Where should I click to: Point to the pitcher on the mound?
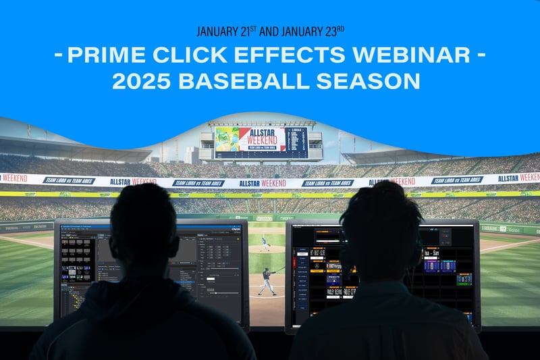coord(265,237)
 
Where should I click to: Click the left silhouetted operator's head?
coord(143,223)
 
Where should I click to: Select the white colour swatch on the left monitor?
coord(213,279)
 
